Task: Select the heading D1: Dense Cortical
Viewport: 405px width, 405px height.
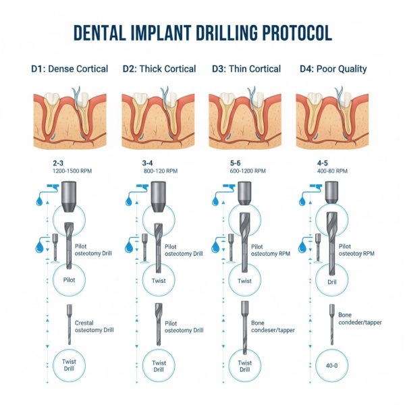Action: tap(70, 69)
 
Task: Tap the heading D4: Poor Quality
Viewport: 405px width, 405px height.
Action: tap(333, 69)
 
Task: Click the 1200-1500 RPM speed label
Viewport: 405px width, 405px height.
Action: tap(72, 171)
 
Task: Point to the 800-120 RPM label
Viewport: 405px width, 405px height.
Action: tap(161, 171)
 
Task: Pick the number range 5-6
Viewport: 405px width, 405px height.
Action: tap(236, 163)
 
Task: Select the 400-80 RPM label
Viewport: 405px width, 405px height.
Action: tap(332, 171)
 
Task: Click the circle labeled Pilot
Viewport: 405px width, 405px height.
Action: tap(53, 280)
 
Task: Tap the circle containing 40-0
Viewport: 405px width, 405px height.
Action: tap(316, 365)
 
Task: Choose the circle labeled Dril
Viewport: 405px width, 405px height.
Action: tap(316, 280)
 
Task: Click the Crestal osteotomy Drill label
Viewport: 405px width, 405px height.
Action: tap(94, 327)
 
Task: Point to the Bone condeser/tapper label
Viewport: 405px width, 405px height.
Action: tap(273, 327)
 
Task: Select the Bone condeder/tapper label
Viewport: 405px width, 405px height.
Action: tap(360, 319)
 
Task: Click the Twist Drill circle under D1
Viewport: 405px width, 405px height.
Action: tap(53, 365)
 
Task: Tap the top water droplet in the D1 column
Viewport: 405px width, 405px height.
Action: tap(39, 201)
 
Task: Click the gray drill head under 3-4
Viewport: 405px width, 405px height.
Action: tap(158, 197)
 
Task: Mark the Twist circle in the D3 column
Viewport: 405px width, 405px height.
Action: tap(229, 280)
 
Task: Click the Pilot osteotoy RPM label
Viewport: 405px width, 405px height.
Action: tap(356, 250)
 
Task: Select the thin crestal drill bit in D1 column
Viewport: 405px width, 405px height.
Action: tap(70, 325)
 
